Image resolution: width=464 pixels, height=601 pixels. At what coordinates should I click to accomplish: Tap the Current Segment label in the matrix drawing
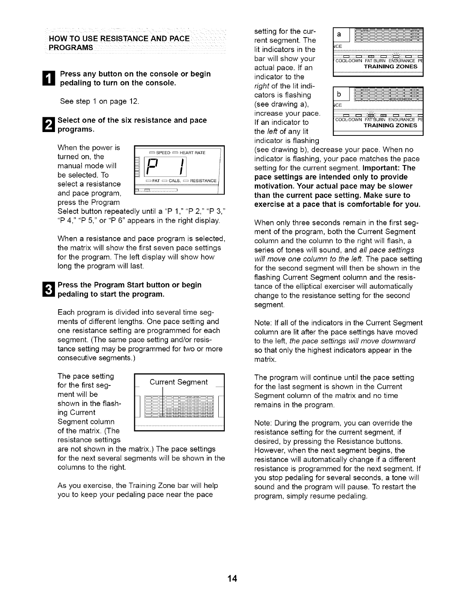pyautogui.click(x=179, y=382)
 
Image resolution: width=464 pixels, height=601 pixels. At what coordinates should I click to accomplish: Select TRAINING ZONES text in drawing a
pyautogui.click(x=390, y=66)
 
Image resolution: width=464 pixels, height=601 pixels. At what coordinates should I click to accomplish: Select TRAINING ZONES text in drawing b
pyautogui.click(x=390, y=126)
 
